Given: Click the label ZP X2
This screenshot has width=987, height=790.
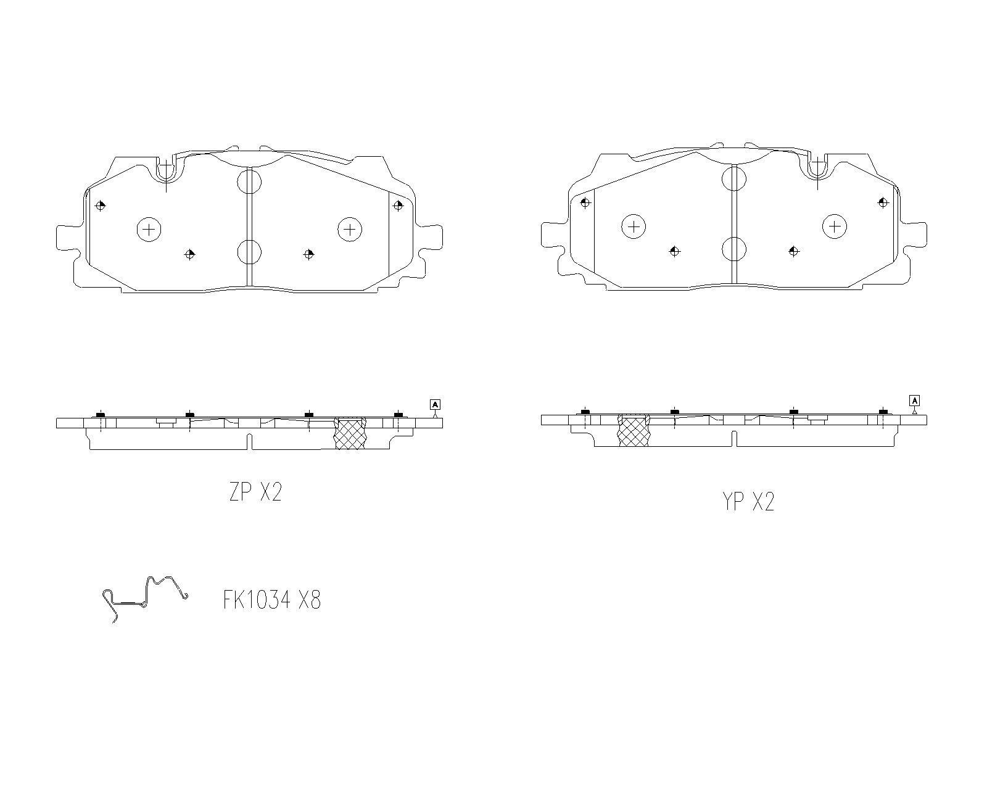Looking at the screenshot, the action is pos(255,492).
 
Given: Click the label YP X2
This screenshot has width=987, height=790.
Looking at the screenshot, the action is pos(748,501).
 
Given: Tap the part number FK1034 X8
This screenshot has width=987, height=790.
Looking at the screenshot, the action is pos(272,600).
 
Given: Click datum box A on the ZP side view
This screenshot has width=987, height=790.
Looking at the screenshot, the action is pos(436,404).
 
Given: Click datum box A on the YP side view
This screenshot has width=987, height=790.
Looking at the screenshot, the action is pos(915,401).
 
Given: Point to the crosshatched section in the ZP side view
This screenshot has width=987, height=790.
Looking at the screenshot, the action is pos(350,433).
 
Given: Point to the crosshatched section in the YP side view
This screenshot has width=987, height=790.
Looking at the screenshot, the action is pos(634,430).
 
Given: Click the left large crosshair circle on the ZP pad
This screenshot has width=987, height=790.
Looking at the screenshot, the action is pos(149,229).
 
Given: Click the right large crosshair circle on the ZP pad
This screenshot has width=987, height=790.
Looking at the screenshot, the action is pos(350,229).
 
